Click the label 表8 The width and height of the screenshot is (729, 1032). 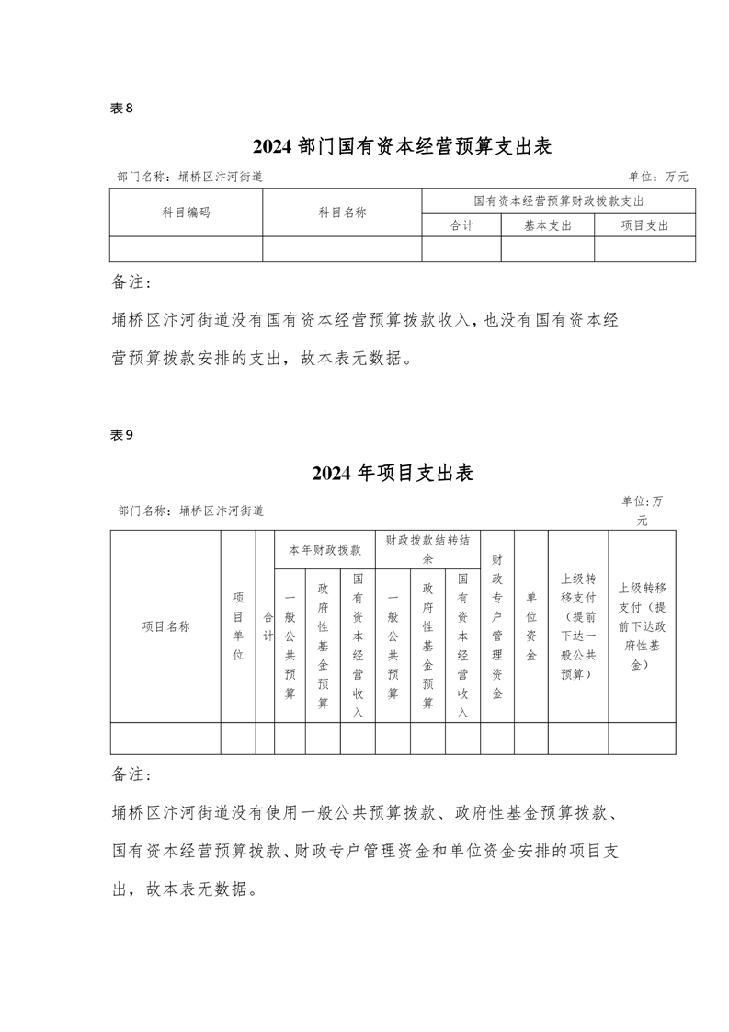pos(122,109)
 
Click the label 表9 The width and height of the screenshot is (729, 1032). pos(122,436)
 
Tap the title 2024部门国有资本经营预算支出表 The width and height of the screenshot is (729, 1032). pos(402,146)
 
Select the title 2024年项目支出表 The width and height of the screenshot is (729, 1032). pos(393,474)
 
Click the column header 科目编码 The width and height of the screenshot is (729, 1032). pos(187,212)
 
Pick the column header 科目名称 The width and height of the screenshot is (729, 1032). pos(342,212)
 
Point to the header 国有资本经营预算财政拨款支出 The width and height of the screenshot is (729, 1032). pos(558,201)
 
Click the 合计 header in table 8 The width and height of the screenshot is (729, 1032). pos(461,225)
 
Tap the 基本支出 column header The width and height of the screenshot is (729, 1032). pos(547,225)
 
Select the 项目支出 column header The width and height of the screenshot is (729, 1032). pos(644,225)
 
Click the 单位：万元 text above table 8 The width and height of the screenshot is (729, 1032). pos(658,177)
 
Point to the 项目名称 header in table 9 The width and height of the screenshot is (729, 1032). pos(165,626)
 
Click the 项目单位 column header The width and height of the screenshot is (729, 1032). pos(238,626)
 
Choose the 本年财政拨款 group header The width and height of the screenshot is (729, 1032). pos(325,549)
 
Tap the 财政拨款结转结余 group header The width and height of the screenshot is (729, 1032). pos(427,549)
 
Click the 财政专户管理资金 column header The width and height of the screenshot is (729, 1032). pos(496,626)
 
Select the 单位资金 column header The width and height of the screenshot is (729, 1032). pos(531,626)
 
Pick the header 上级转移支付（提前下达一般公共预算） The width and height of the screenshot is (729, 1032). pos(578,626)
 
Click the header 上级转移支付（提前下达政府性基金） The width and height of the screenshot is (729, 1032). pos(642,626)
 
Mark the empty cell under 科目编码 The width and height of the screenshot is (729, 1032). pos(187,249)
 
